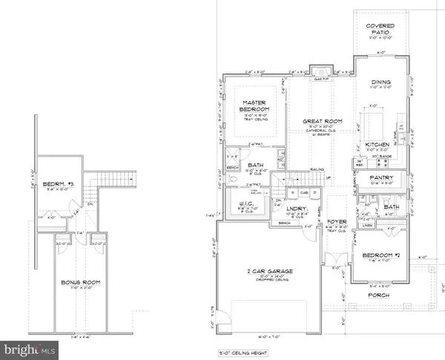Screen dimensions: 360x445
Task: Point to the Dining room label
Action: click(380, 85)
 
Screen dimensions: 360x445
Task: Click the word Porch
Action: click(380, 294)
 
